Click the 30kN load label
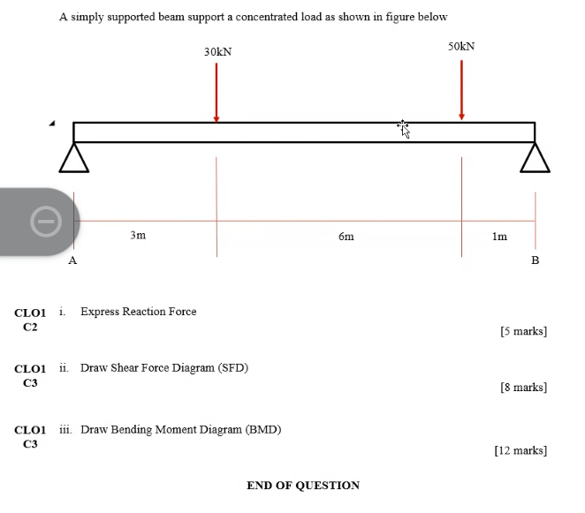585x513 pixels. click(x=217, y=52)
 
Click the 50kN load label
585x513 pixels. click(x=461, y=46)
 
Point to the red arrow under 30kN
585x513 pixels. click(x=217, y=93)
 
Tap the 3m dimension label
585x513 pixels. click(x=138, y=236)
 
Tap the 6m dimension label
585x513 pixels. click(x=346, y=237)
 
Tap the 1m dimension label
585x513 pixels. click(x=499, y=237)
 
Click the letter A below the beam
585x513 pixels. click(x=73, y=261)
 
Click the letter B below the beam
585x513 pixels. click(x=535, y=261)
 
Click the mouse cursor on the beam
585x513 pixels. click(x=404, y=130)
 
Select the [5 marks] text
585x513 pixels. click(x=523, y=332)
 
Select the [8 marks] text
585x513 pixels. click(x=523, y=388)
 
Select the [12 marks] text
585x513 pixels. click(x=520, y=450)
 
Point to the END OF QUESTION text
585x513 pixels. click(x=303, y=486)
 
